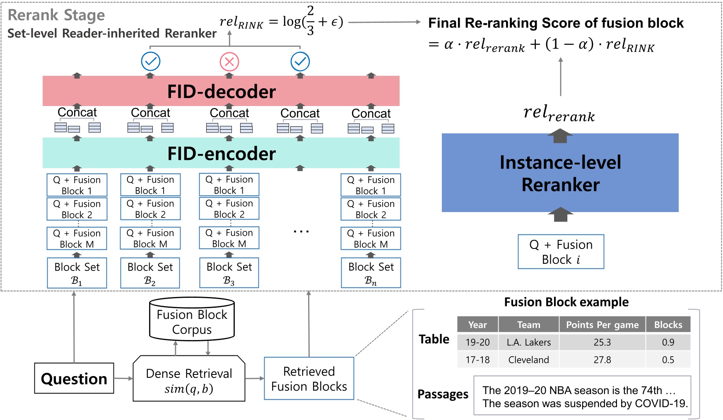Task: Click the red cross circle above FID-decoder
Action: coord(229,62)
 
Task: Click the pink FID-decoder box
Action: coord(221,91)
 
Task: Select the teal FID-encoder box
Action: coord(221,154)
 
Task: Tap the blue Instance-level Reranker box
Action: coord(560,173)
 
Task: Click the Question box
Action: coord(74,378)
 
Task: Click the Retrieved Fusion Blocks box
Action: coord(309,379)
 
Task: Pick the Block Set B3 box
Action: coord(229,273)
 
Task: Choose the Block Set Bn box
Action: coord(371,273)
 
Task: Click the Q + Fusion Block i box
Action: coord(561,252)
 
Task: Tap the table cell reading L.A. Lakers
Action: coord(529,343)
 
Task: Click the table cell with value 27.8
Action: coord(602,360)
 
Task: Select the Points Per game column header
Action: coord(602,325)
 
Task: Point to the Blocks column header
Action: coord(668,325)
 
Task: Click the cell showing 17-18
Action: coord(477,360)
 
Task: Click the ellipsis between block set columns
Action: coord(301,232)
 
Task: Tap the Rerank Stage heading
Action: coord(56,15)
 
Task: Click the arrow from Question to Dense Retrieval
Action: coord(123,378)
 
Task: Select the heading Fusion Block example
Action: coord(566,302)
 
